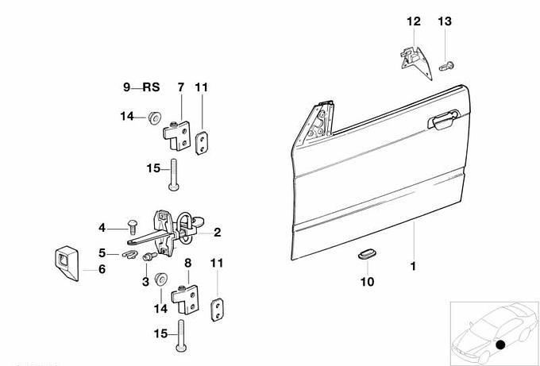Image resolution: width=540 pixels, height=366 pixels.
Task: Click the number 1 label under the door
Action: (413, 266)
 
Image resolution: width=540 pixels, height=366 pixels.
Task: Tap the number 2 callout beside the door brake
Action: (217, 233)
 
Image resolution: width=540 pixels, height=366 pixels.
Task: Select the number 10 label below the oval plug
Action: (368, 281)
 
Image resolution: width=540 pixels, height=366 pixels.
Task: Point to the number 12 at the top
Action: (414, 21)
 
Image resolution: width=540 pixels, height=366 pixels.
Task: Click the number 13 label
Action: (444, 21)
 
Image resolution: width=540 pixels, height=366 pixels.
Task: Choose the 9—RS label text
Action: (141, 87)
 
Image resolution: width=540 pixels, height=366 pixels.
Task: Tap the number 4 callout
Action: (102, 228)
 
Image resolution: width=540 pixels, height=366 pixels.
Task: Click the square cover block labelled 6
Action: (66, 258)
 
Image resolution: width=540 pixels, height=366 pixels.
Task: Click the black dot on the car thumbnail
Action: (499, 345)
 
